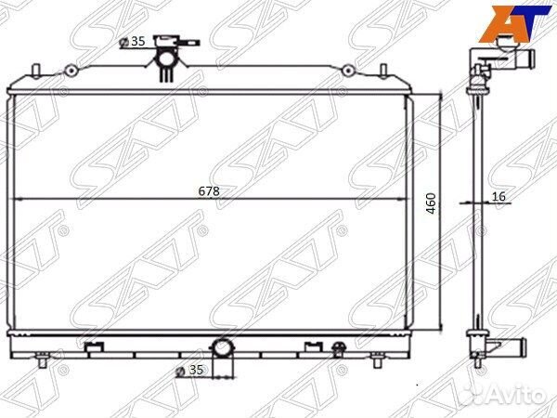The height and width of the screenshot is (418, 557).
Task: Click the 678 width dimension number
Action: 209,191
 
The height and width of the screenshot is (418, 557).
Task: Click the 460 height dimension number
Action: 431,203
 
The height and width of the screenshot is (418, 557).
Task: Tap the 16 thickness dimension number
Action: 499,196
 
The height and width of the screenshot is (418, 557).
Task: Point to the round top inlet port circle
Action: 165,59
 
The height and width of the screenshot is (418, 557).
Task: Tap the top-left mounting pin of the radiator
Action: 35,70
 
